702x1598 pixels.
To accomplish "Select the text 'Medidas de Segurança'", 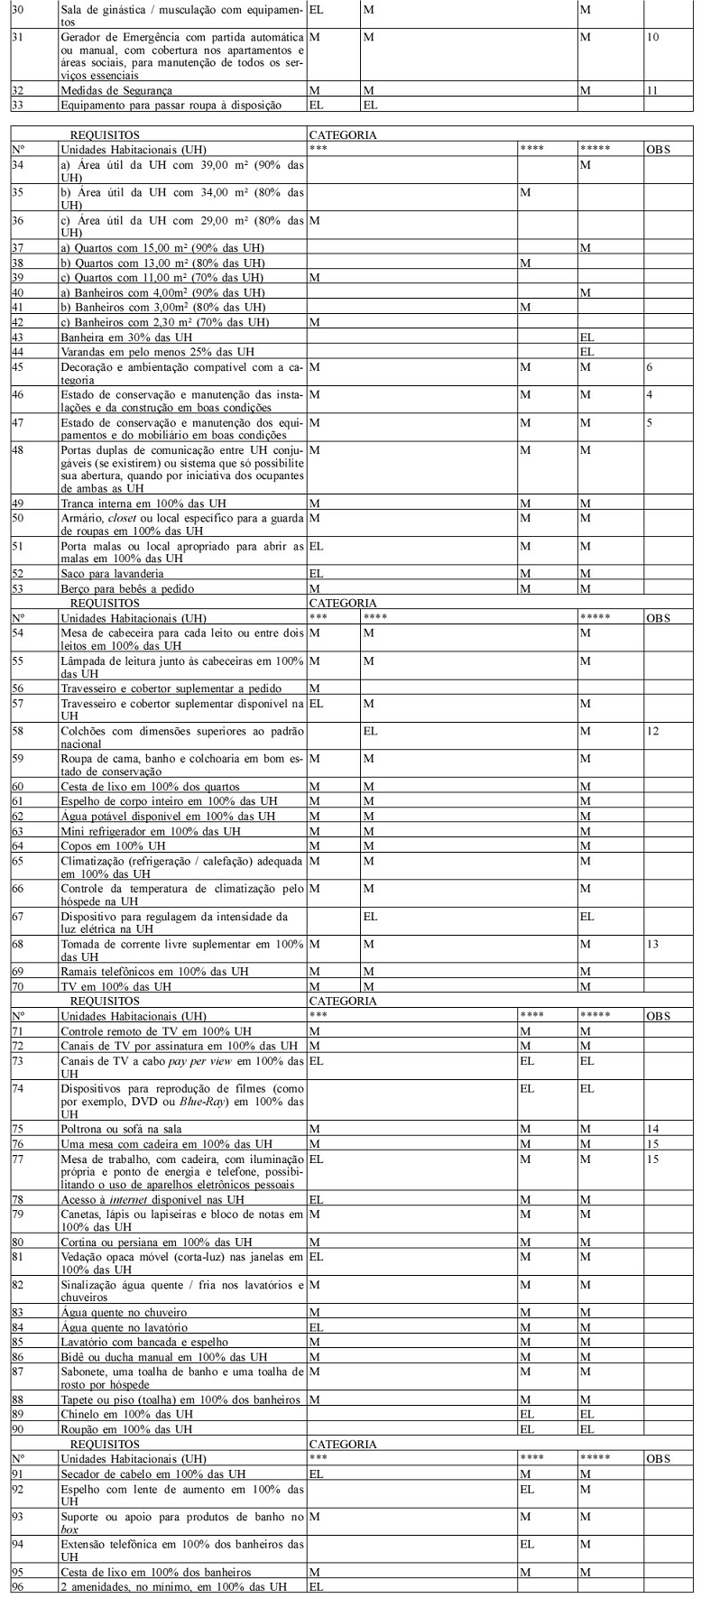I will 115,90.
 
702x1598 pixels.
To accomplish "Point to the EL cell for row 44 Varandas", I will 587,350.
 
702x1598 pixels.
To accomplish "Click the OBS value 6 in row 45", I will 650,367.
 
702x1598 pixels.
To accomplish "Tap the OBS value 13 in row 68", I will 653,943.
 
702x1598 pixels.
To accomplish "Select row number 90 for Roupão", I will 17,1428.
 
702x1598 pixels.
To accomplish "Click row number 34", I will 17,164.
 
